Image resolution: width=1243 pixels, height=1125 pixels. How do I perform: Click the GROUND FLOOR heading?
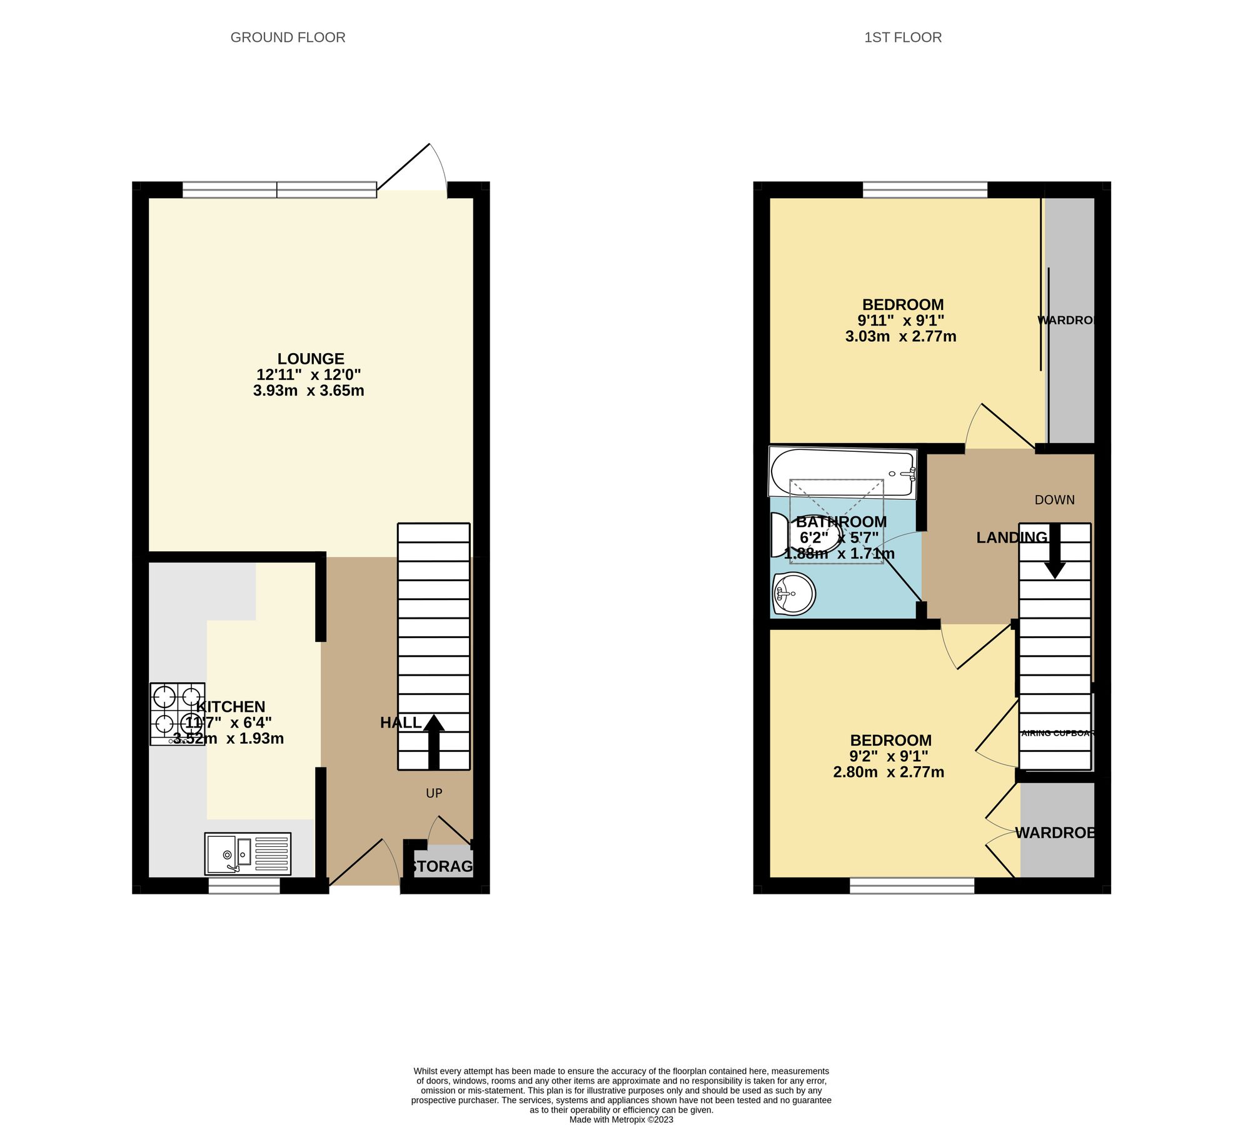pyautogui.click(x=288, y=37)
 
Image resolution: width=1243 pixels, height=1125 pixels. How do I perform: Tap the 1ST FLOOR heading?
pyautogui.click(x=902, y=37)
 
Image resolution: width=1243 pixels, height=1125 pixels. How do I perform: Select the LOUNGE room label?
pyautogui.click(x=311, y=359)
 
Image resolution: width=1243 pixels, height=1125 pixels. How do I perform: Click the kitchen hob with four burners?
pyautogui.click(x=178, y=714)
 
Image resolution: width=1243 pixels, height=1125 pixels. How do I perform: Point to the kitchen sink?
pyautogui.click(x=248, y=853)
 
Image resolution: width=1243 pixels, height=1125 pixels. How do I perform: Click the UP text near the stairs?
pyautogui.click(x=434, y=793)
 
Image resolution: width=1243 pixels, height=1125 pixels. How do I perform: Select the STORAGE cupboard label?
pyautogui.click(x=442, y=866)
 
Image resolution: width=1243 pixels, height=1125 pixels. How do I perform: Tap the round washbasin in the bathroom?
pyautogui.click(x=794, y=592)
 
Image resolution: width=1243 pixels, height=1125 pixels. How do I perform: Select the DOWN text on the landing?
pyautogui.click(x=1054, y=500)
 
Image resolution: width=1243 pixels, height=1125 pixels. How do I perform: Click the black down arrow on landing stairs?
pyautogui.click(x=1055, y=553)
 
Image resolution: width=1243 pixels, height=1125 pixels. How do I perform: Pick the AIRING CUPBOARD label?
pyautogui.click(x=1057, y=733)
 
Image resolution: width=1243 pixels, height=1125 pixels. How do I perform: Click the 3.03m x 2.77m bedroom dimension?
pyautogui.click(x=900, y=336)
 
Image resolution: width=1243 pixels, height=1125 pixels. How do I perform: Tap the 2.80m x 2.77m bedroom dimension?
pyautogui.click(x=888, y=772)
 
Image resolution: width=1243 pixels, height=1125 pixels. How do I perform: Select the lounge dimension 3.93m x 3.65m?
pyautogui.click(x=308, y=391)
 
